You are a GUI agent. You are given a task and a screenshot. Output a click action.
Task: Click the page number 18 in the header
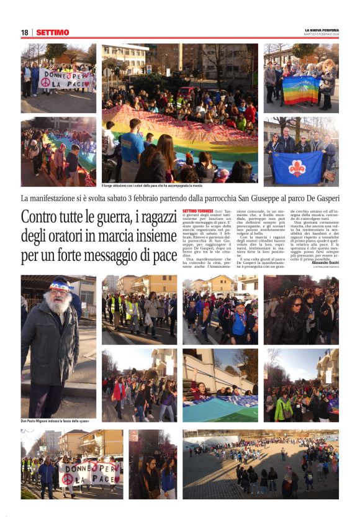click(24, 32)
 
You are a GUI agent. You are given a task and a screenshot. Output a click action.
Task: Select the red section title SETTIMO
click(52, 32)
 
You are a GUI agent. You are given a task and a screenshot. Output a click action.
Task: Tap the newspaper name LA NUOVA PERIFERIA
click(322, 30)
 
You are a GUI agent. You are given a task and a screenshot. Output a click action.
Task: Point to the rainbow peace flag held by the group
click(302, 89)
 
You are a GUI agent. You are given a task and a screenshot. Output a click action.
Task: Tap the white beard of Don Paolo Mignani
click(59, 305)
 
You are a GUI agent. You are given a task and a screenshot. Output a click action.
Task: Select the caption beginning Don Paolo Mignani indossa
click(55, 421)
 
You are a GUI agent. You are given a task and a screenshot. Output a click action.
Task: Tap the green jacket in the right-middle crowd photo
click(283, 408)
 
